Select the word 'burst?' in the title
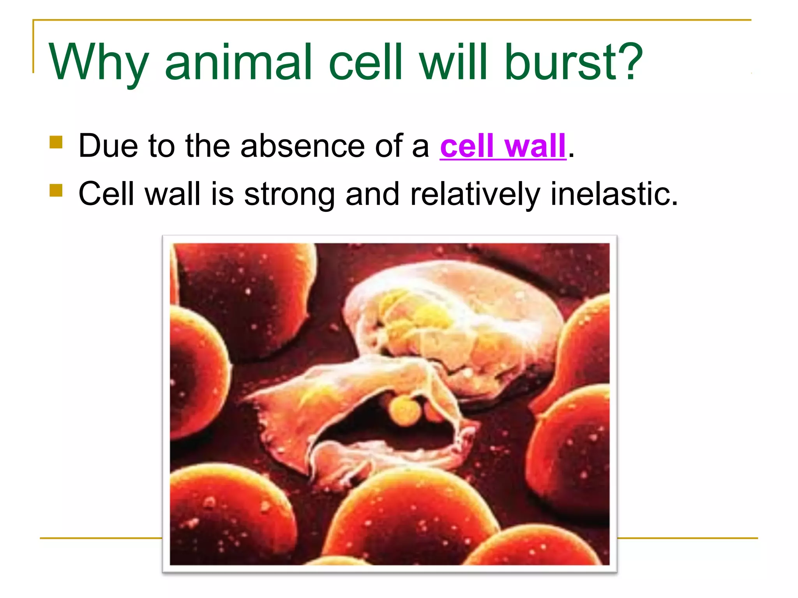(x=573, y=62)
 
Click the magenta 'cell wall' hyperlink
(x=503, y=146)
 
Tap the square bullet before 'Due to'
(x=56, y=142)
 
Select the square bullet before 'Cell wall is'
(x=56, y=190)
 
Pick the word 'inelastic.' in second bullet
(x=614, y=194)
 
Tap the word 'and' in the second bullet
(x=372, y=194)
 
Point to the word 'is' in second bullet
(x=222, y=194)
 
